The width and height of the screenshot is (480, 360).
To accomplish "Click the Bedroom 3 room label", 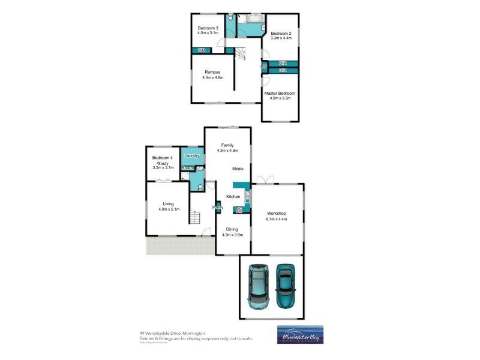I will (209, 28).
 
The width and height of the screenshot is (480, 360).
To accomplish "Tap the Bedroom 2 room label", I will (281, 33).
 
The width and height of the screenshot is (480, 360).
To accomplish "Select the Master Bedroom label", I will (280, 93).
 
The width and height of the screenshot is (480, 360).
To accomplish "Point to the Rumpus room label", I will (212, 72).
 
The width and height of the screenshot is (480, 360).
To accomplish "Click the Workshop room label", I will (276, 214).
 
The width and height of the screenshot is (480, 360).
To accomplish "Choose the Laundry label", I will (192, 156).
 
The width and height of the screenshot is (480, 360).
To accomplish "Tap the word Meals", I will (238, 169).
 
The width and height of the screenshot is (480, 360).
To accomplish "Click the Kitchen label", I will (233, 197).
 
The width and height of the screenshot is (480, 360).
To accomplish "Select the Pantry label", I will (218, 208).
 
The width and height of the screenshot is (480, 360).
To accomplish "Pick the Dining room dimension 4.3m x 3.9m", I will (232, 235).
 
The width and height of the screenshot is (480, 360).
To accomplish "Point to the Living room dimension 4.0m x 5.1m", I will (169, 209).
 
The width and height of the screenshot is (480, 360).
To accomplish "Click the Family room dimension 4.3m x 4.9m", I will (227, 151).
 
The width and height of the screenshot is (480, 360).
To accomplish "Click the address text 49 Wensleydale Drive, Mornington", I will (172, 332).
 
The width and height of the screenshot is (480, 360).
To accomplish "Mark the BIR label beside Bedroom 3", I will (202, 50).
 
